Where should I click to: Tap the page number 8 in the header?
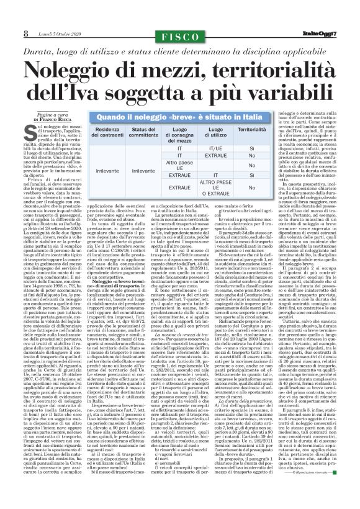coord(26,34)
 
